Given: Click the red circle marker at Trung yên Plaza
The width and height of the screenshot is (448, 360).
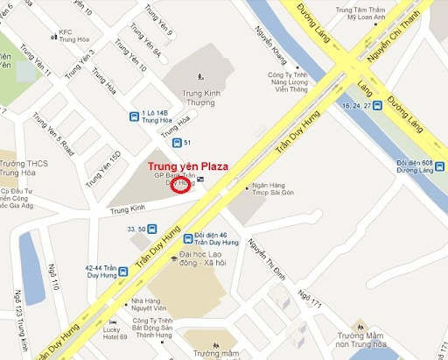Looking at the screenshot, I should click(179, 187).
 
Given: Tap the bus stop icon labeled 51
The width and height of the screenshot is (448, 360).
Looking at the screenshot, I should click(175, 143).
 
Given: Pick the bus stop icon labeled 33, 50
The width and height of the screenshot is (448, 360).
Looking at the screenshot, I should click(152, 229).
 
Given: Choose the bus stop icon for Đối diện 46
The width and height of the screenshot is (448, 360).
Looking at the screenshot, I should click(188, 238).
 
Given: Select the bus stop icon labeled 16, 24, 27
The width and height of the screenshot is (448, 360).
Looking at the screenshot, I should click(377, 106).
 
